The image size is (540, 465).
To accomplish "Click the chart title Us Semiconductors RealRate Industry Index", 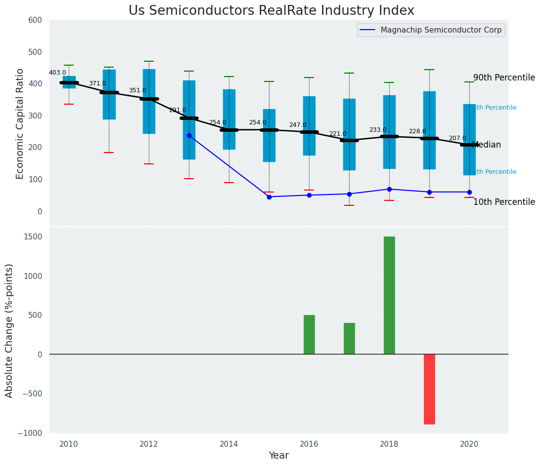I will coord(271,10).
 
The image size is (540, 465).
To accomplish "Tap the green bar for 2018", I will coord(389,295).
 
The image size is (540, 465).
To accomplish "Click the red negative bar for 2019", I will coord(429,389).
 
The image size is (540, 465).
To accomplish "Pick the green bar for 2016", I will coord(309,334).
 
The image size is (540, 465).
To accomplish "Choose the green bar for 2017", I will coord(349,338).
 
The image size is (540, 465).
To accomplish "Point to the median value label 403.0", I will coord(57,73).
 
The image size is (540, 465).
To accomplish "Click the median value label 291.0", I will coord(178,110).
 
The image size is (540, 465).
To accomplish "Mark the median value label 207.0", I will coord(457,138).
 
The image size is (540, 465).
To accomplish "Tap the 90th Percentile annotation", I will coord(504,77).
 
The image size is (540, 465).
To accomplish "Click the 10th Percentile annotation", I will coord(504,202).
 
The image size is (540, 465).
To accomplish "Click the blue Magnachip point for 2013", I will coord(189,135).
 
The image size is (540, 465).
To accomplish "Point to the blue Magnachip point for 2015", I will coord(269,197).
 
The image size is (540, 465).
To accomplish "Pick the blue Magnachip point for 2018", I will coord(389,189).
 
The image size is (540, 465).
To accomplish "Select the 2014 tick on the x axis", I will coord(229,444).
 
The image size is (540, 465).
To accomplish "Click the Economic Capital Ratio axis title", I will coord(20,123).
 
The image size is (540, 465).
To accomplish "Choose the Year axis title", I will coord(278,456).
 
